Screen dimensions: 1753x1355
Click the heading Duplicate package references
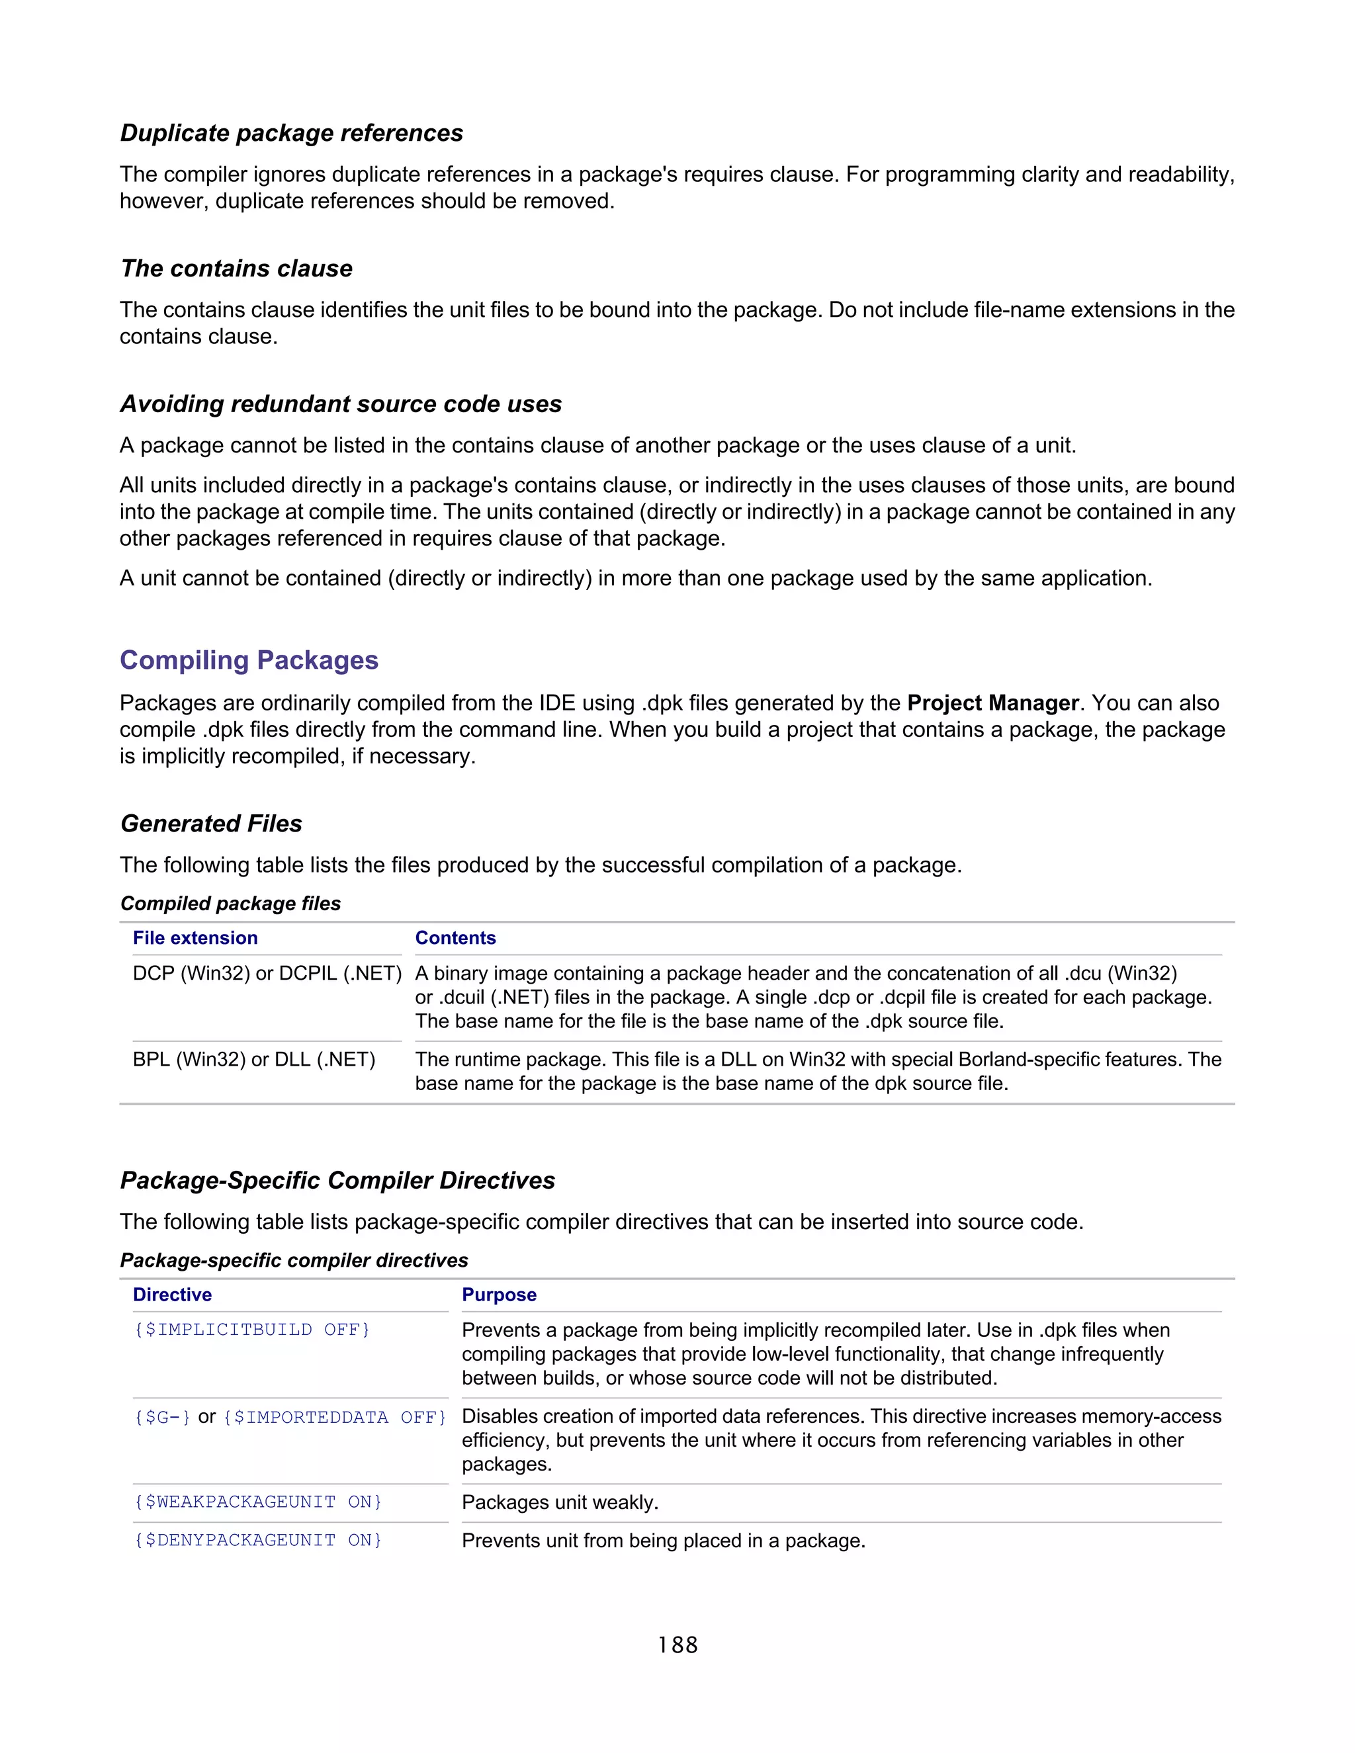click(291, 133)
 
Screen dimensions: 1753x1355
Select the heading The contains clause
click(236, 269)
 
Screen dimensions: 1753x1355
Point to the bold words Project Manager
click(992, 703)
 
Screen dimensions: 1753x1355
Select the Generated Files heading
click(211, 824)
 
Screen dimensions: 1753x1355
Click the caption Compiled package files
click(230, 904)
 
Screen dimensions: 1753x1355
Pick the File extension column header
click(195, 938)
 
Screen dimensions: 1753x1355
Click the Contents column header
click(455, 938)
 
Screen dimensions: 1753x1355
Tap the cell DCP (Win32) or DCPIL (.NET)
click(267, 974)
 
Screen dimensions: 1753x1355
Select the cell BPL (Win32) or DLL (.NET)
click(253, 1060)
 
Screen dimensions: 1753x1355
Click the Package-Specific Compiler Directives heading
click(337, 1181)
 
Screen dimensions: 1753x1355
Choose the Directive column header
click(172, 1295)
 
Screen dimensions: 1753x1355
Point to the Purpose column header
click(498, 1295)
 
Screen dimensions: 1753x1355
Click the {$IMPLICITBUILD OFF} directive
click(251, 1330)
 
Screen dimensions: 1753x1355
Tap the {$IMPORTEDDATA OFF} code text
click(334, 1418)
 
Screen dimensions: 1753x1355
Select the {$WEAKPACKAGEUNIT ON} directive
click(257, 1502)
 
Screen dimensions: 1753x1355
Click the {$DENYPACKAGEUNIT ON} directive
click(257, 1540)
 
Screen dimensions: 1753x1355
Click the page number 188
click(677, 1645)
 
